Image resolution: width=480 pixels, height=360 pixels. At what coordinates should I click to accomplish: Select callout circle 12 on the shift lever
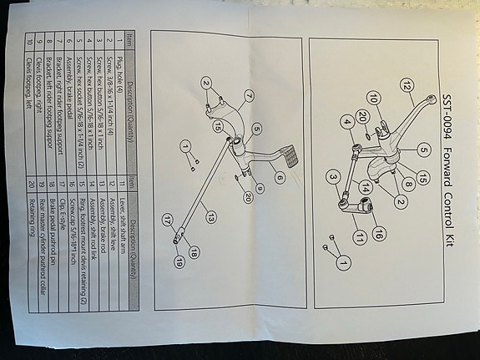pos(407,85)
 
